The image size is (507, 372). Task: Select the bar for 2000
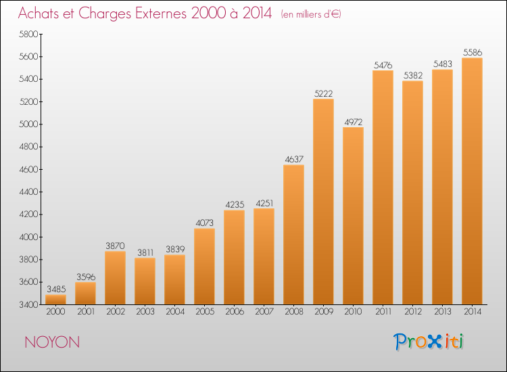[x=55, y=299]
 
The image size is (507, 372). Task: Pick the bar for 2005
[x=204, y=266]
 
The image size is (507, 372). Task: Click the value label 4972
[x=353, y=122]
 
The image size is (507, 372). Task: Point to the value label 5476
[x=383, y=65]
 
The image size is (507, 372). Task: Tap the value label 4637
[x=293, y=160]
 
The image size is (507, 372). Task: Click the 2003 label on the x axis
[x=145, y=312]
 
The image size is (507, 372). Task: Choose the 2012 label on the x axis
[x=412, y=312]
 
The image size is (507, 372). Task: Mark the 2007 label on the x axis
[x=264, y=312]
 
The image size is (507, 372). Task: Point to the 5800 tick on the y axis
[x=28, y=34]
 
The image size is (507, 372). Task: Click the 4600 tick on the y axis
[x=28, y=170]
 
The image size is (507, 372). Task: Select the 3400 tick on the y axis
[x=28, y=305]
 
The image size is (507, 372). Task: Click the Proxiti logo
[x=429, y=342]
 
